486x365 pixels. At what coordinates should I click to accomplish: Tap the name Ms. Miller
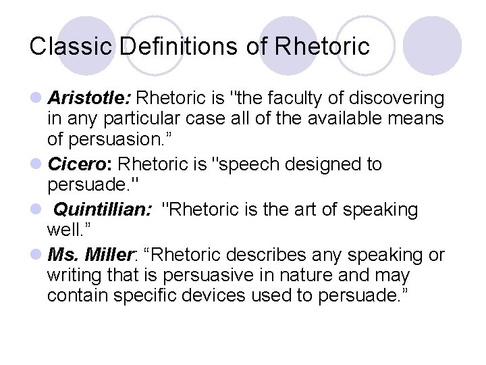click(x=91, y=255)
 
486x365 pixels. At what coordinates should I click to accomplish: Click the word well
click(x=63, y=231)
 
